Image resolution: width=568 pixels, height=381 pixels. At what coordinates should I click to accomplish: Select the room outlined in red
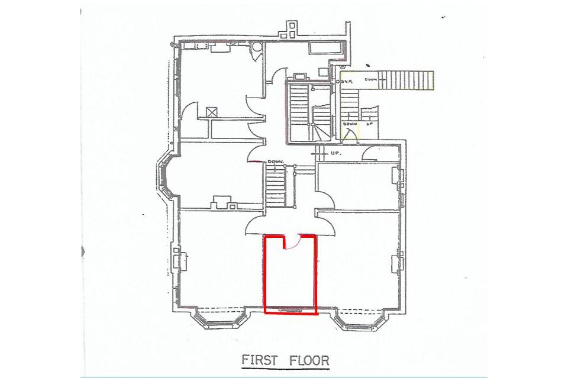click(x=290, y=278)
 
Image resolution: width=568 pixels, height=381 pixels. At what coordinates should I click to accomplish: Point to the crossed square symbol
click(x=211, y=111)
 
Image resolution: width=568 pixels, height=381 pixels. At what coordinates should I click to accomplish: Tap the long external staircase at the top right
click(x=406, y=80)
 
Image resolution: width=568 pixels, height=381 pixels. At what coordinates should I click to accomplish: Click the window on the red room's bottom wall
click(x=290, y=309)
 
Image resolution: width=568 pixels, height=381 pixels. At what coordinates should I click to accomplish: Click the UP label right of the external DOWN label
click(x=370, y=125)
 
